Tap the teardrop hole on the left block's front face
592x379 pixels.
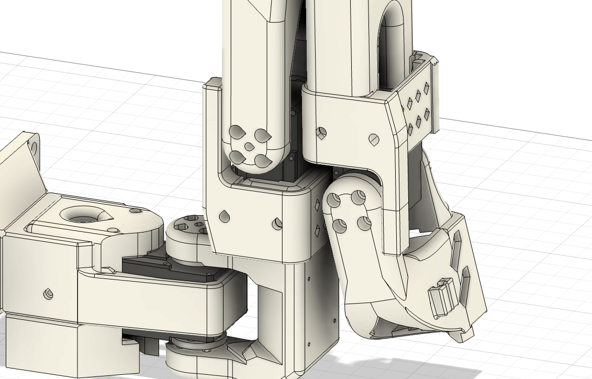[48, 294]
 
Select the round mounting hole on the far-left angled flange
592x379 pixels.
[33, 145]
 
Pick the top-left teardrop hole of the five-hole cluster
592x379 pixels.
[238, 132]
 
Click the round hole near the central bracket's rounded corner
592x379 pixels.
[277, 224]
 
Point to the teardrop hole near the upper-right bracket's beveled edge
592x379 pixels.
[374, 140]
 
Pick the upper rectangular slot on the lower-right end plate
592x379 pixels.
[456, 241]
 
